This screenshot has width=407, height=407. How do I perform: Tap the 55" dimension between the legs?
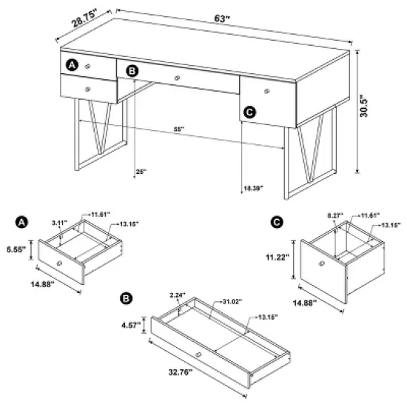178,129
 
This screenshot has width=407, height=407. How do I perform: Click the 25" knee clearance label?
141,172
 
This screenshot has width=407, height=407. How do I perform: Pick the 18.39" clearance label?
252,189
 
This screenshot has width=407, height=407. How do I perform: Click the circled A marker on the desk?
72,65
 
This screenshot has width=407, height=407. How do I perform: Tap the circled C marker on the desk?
249,112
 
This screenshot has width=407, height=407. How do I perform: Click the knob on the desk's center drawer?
178,78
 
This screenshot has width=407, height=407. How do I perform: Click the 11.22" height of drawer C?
282,260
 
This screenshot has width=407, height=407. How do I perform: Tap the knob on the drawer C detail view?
321,264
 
